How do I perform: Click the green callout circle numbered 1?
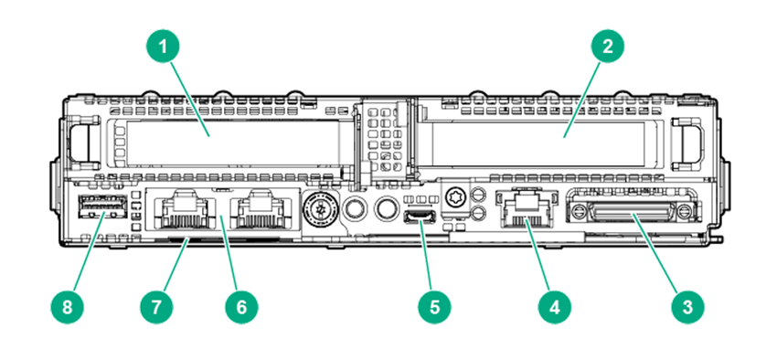(x=163, y=47)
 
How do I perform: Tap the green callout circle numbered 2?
(x=608, y=47)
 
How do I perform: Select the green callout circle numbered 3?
(x=687, y=307)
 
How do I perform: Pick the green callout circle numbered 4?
(x=555, y=307)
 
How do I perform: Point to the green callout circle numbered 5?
(x=434, y=307)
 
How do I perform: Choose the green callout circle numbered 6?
(x=241, y=307)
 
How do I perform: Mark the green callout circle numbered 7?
(x=156, y=307)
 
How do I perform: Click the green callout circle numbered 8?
(x=67, y=307)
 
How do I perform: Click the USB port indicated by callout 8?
(x=102, y=207)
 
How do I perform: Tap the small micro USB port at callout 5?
(x=420, y=217)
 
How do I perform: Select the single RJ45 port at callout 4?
(x=523, y=209)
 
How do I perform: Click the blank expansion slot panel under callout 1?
(x=233, y=143)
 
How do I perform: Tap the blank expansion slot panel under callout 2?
(x=538, y=143)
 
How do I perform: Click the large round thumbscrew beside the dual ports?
(x=321, y=209)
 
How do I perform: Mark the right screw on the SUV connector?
(x=685, y=210)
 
